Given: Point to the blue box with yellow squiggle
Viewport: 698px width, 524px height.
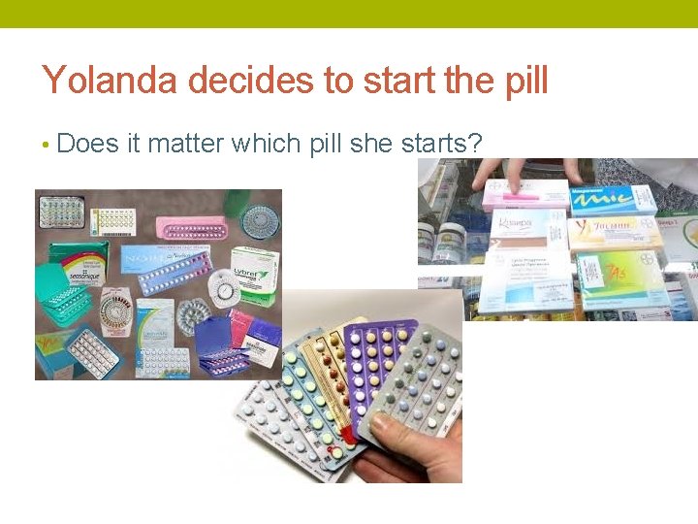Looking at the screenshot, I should point(612,198).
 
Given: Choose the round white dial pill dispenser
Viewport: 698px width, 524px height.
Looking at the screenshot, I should point(225,289).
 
